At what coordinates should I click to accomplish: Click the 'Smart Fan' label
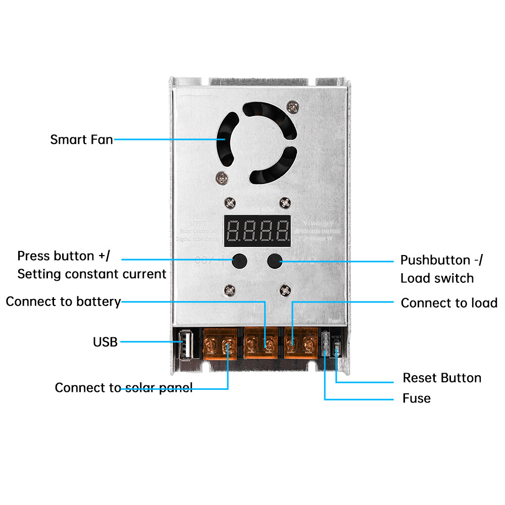click(x=81, y=139)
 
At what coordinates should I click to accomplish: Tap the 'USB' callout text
click(x=105, y=342)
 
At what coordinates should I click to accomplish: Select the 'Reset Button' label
click(x=441, y=378)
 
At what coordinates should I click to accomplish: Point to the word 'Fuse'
click(x=417, y=398)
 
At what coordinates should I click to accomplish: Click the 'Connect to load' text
click(x=449, y=303)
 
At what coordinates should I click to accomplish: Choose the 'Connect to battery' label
click(x=63, y=302)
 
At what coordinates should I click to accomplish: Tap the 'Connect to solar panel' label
click(x=123, y=388)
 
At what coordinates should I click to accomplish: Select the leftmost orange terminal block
click(x=220, y=344)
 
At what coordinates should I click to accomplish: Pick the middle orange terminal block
click(x=261, y=344)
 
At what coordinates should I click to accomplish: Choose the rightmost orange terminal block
click(x=300, y=344)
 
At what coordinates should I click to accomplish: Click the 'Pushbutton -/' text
click(x=441, y=260)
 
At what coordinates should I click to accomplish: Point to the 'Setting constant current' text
click(x=91, y=274)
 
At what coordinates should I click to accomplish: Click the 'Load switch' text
click(x=437, y=278)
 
